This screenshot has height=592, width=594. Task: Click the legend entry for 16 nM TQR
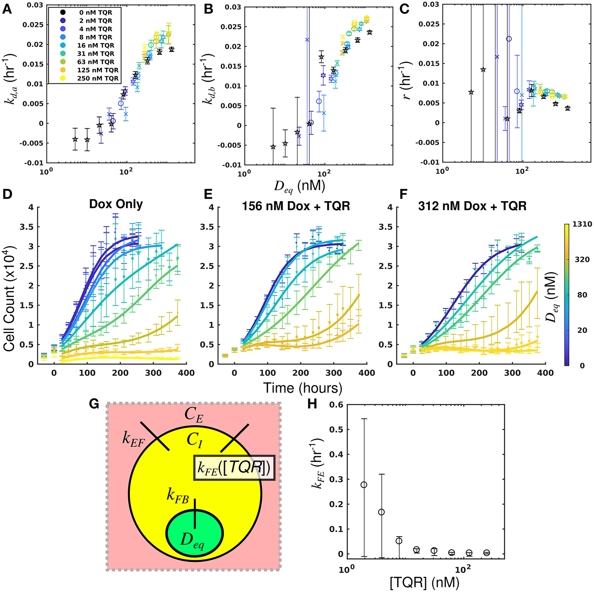(96, 45)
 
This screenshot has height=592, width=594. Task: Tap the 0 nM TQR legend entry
(96, 13)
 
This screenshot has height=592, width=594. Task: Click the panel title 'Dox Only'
(116, 204)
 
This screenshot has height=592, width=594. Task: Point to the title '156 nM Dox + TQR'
(296, 206)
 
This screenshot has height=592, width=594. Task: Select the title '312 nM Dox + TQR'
(472, 206)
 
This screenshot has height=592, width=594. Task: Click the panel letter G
(94, 404)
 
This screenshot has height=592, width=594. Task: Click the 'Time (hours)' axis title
(302, 388)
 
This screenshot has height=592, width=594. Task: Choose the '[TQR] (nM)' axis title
(424, 582)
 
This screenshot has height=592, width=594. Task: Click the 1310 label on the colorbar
(582, 224)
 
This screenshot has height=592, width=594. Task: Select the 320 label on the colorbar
(582, 259)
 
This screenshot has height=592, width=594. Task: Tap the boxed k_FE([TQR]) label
(234, 468)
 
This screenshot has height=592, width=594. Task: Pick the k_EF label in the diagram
(133, 439)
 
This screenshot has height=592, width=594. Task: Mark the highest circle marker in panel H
(364, 485)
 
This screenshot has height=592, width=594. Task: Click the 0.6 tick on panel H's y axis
(336, 405)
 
